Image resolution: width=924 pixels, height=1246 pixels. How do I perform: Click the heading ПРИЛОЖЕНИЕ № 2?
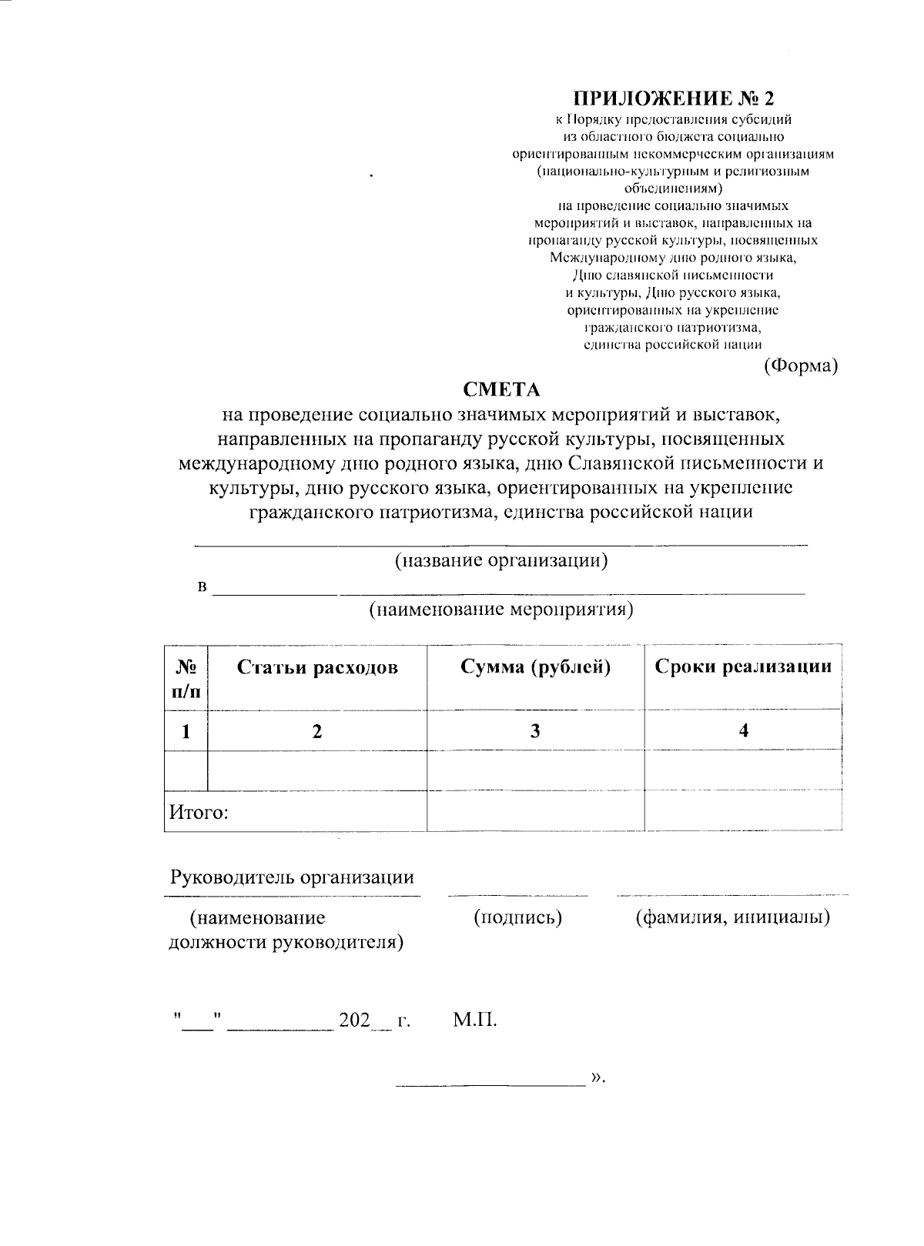[x=673, y=99]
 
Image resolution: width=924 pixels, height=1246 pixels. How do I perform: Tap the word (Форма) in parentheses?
[x=800, y=366]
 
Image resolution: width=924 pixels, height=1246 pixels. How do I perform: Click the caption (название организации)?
[x=501, y=560]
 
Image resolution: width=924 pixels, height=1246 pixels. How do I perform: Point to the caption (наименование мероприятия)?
[x=500, y=610]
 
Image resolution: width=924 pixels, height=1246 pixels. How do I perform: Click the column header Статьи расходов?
[x=317, y=667]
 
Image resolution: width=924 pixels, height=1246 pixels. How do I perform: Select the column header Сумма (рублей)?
[x=535, y=667]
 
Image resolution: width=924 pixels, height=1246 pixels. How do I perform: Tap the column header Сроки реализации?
[x=743, y=667]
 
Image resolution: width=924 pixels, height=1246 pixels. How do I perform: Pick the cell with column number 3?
[x=535, y=730]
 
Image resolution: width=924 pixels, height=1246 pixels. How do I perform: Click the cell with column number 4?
[x=743, y=730]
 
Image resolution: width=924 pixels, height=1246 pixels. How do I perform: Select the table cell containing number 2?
[x=316, y=730]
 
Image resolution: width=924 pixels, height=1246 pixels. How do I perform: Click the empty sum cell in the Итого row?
[x=535, y=811]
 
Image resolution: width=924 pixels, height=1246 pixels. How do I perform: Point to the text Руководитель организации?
[x=292, y=877]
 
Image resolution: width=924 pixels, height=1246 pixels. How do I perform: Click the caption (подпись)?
[x=517, y=917]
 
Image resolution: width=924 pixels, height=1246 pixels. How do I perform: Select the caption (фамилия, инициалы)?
[x=732, y=917]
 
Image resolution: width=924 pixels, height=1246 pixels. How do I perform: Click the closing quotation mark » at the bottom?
[x=596, y=1077]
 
